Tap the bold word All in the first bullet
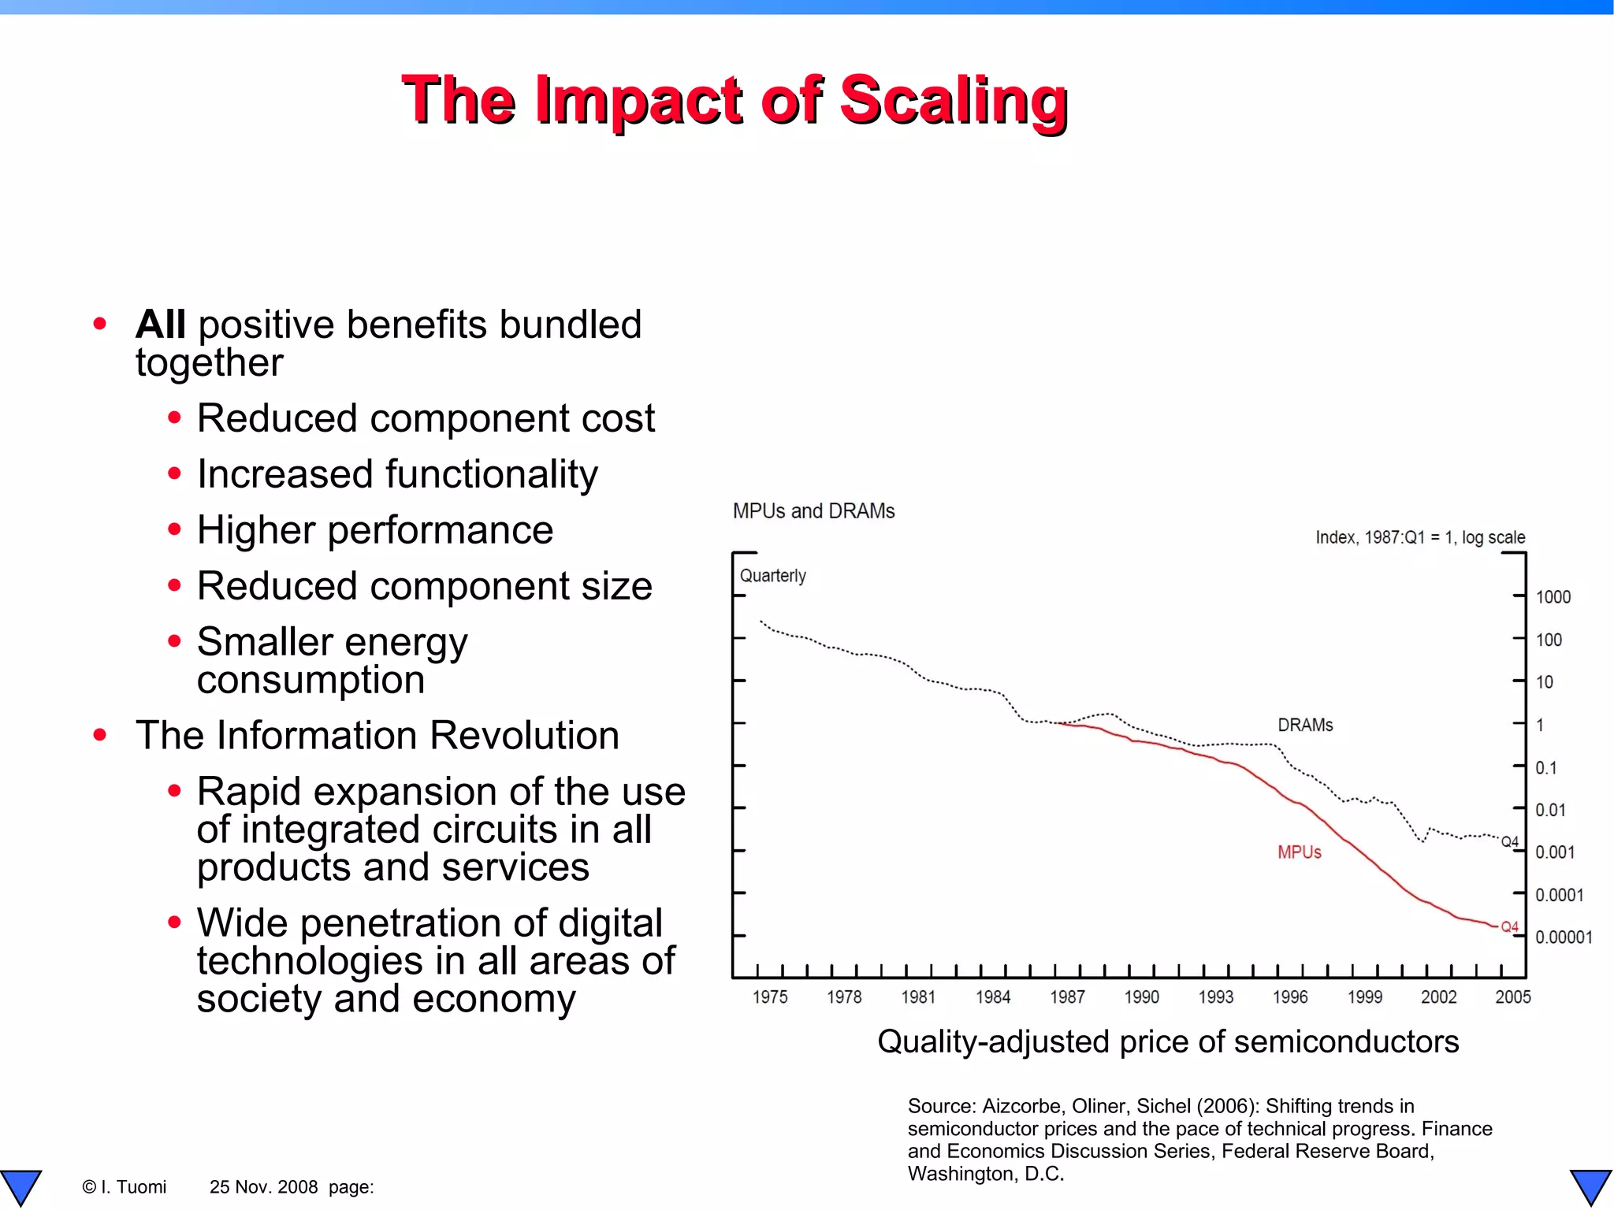coord(161,325)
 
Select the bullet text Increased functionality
coord(397,474)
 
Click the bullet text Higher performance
coord(375,530)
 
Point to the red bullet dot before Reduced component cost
coord(174,418)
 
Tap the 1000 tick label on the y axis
coord(1553,597)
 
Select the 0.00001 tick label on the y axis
coord(1564,937)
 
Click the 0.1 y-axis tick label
coord(1545,767)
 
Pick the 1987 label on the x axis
coord(1067,997)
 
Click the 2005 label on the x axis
coord(1512,997)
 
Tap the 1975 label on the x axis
coord(770,997)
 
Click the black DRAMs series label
coord(1305,725)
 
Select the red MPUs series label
coord(1299,852)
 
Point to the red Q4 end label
coord(1509,926)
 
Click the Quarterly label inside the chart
coord(772,576)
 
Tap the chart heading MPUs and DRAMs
coord(813,511)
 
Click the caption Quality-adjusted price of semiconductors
coord(1168,1041)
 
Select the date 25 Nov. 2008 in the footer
coord(263,1187)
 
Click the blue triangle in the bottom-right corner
coord(1590,1186)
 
